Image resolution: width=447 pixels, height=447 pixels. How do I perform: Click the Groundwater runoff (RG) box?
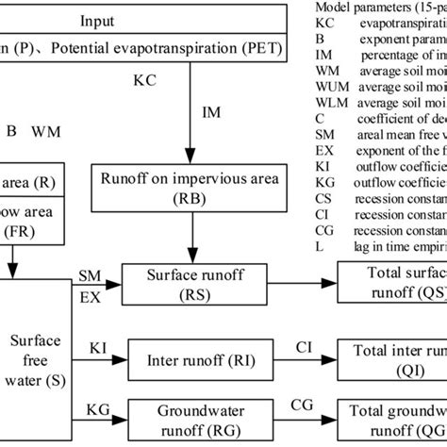192,420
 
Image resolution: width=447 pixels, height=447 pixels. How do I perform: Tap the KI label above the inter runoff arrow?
97,347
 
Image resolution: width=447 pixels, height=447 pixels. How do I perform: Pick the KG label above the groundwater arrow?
98,408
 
